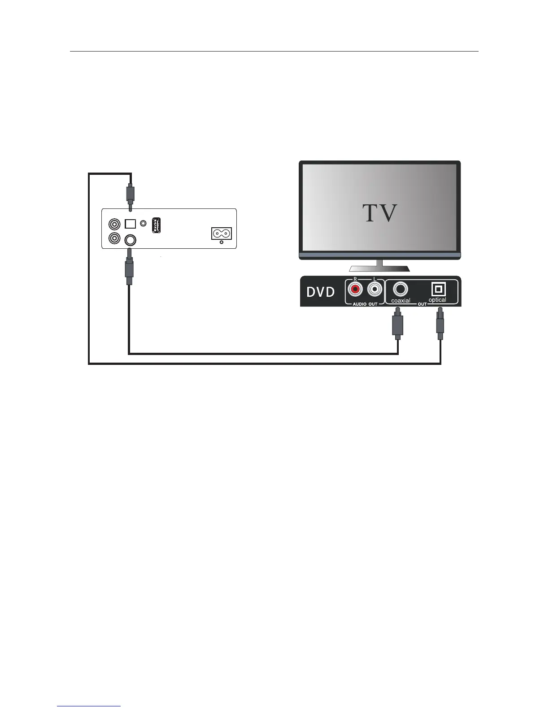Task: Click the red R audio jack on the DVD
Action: point(356,289)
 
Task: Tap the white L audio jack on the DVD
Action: point(374,289)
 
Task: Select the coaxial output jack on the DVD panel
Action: point(400,289)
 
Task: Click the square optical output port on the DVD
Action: point(438,289)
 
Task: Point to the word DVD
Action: point(320,292)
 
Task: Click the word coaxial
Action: point(401,301)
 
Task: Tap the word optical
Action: point(437,300)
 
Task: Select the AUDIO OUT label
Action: point(365,304)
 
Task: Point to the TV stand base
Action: point(379,268)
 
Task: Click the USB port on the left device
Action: point(156,225)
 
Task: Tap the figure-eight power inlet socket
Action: point(222,234)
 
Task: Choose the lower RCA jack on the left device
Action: point(114,239)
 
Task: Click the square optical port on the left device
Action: point(130,223)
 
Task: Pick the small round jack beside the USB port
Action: point(144,223)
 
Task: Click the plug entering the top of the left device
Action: point(130,194)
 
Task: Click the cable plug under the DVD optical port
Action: point(440,322)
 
